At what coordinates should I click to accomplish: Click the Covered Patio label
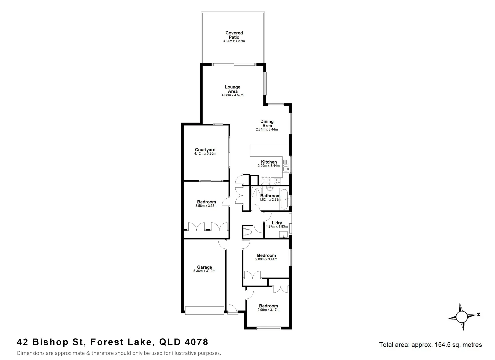pos(234,35)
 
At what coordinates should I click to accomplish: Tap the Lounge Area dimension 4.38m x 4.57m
pos(233,95)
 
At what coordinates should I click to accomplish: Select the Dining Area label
pos(267,123)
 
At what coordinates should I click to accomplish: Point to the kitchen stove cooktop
pos(277,181)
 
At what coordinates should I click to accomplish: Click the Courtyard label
pos(205,150)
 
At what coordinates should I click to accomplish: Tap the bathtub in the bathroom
pos(284,199)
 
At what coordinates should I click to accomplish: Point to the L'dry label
pos(277,223)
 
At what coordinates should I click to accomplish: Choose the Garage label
pos(204,267)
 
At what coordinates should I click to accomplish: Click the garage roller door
pos(205,311)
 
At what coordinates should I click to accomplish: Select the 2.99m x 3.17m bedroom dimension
pos(268,310)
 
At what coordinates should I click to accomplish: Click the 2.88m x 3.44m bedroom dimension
pos(266,259)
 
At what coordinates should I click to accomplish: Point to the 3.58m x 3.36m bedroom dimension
pos(206,206)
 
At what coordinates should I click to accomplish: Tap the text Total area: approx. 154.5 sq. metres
pos(430,345)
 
